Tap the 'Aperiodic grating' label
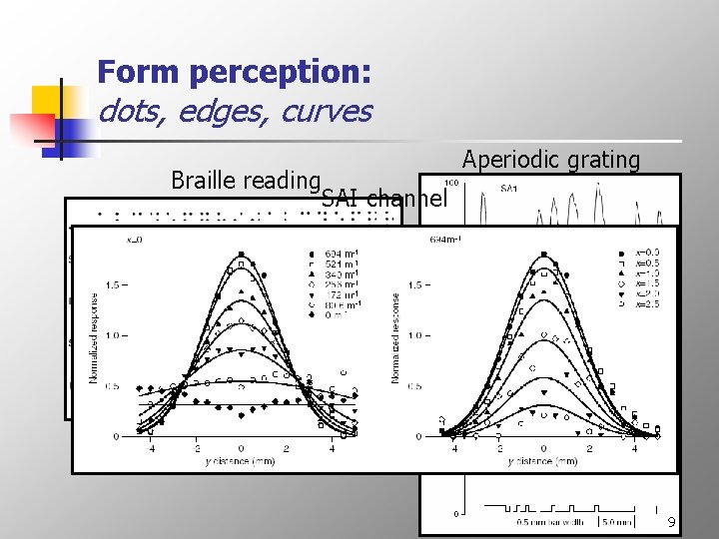(x=550, y=160)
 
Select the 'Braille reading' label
(x=245, y=181)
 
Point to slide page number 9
(x=672, y=522)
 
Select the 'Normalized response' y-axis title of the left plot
(x=94, y=337)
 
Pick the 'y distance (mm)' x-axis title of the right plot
(x=542, y=462)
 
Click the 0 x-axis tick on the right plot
(x=542, y=449)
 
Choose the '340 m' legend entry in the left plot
(x=340, y=273)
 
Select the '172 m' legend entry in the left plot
(x=340, y=294)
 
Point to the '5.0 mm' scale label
(x=615, y=522)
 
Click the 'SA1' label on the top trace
(x=508, y=188)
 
